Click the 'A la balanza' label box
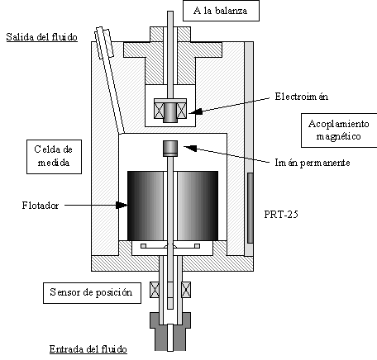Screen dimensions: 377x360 pos(221,11)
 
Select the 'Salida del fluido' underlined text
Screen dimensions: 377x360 pos(42,37)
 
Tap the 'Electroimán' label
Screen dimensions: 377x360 pos(302,97)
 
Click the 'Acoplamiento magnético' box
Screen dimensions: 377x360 pos(339,130)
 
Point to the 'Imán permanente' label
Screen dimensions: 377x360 pos(313,163)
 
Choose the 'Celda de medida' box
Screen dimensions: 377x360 pos(54,157)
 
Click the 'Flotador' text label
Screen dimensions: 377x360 pos(41,206)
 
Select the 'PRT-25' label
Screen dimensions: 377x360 pos(281,215)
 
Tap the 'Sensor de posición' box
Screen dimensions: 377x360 pos(92,293)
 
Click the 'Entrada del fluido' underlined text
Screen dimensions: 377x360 pos(88,349)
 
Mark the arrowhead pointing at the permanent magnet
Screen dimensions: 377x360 pos(190,148)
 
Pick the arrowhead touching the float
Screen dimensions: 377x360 pos(122,205)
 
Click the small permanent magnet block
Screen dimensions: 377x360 pos(170,149)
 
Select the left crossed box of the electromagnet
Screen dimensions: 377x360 pos(160,111)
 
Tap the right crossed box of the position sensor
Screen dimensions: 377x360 pos(186,290)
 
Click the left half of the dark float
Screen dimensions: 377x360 pos(146,206)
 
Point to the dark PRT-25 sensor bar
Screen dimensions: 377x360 pos(251,208)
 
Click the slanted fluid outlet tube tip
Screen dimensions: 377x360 pos(104,42)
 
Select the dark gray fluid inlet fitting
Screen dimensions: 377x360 pos(170,331)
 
